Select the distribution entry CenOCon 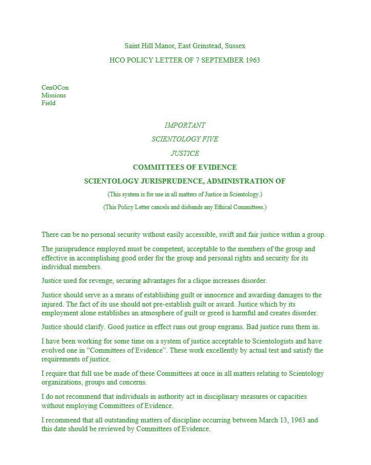coord(55,88)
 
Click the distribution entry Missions coord(53,95)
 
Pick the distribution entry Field coord(48,103)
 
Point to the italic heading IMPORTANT coord(185,125)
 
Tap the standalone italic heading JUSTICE coord(185,153)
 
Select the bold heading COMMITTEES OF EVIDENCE coord(185,167)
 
